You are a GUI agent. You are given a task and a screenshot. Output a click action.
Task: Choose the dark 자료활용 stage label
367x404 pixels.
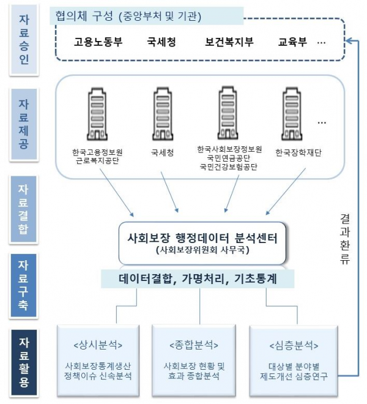[x=24, y=361]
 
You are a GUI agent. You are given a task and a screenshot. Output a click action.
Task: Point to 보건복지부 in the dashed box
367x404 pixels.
[x=229, y=43]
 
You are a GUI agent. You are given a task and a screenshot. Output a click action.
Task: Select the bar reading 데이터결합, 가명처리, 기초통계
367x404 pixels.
[x=198, y=279]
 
